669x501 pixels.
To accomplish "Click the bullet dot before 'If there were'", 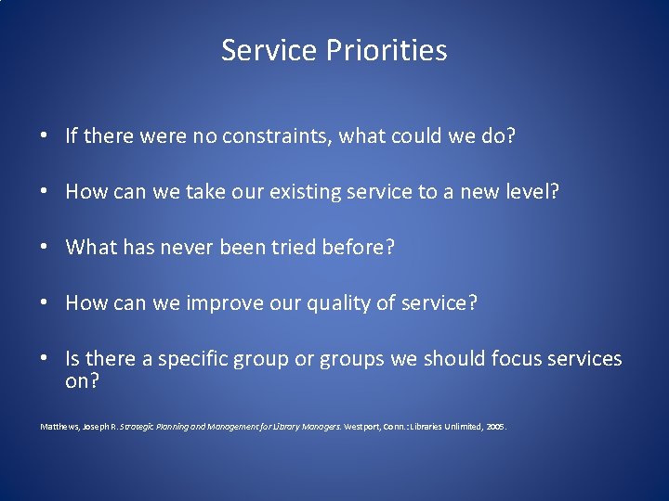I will click(x=45, y=137).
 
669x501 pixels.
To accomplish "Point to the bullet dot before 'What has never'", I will click(x=45, y=249).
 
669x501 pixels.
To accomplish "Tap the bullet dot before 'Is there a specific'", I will click(x=45, y=360).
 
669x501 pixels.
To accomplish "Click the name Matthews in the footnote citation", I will click(x=59, y=427).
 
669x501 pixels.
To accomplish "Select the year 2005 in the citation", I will click(x=495, y=427).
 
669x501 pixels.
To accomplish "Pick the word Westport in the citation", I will click(x=362, y=427).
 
